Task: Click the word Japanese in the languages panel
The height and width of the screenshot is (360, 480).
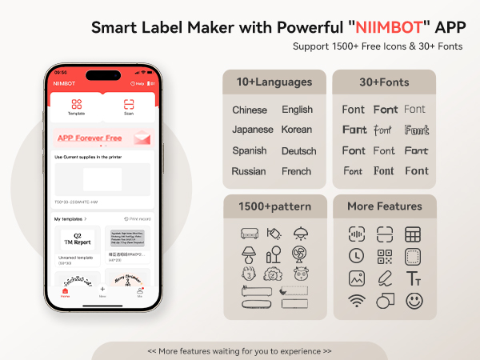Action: [x=252, y=130]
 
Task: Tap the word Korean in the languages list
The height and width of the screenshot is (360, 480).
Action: [x=297, y=130]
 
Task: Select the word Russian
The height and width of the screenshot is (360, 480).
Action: [x=249, y=171]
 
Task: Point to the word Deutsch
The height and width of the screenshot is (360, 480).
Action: [x=298, y=150]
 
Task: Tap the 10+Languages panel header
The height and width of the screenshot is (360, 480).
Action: [x=274, y=82]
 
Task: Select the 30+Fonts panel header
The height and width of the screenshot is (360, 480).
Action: [x=384, y=82]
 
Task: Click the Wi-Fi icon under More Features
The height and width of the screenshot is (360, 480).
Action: [x=357, y=301]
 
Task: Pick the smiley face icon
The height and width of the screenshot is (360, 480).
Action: [x=414, y=301]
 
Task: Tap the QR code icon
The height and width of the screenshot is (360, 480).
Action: [x=385, y=257]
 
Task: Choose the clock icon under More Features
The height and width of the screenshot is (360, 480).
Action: [x=357, y=257]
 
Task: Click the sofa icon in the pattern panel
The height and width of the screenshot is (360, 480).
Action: [x=249, y=234]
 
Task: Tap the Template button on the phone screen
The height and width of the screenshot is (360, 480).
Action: [x=77, y=107]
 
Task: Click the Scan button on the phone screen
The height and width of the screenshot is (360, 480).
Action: [x=129, y=107]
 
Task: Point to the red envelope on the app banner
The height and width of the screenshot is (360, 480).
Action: [x=142, y=138]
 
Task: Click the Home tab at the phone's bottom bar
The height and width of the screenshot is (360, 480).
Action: [x=65, y=292]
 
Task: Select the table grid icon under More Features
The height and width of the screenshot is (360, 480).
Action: [x=413, y=234]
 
